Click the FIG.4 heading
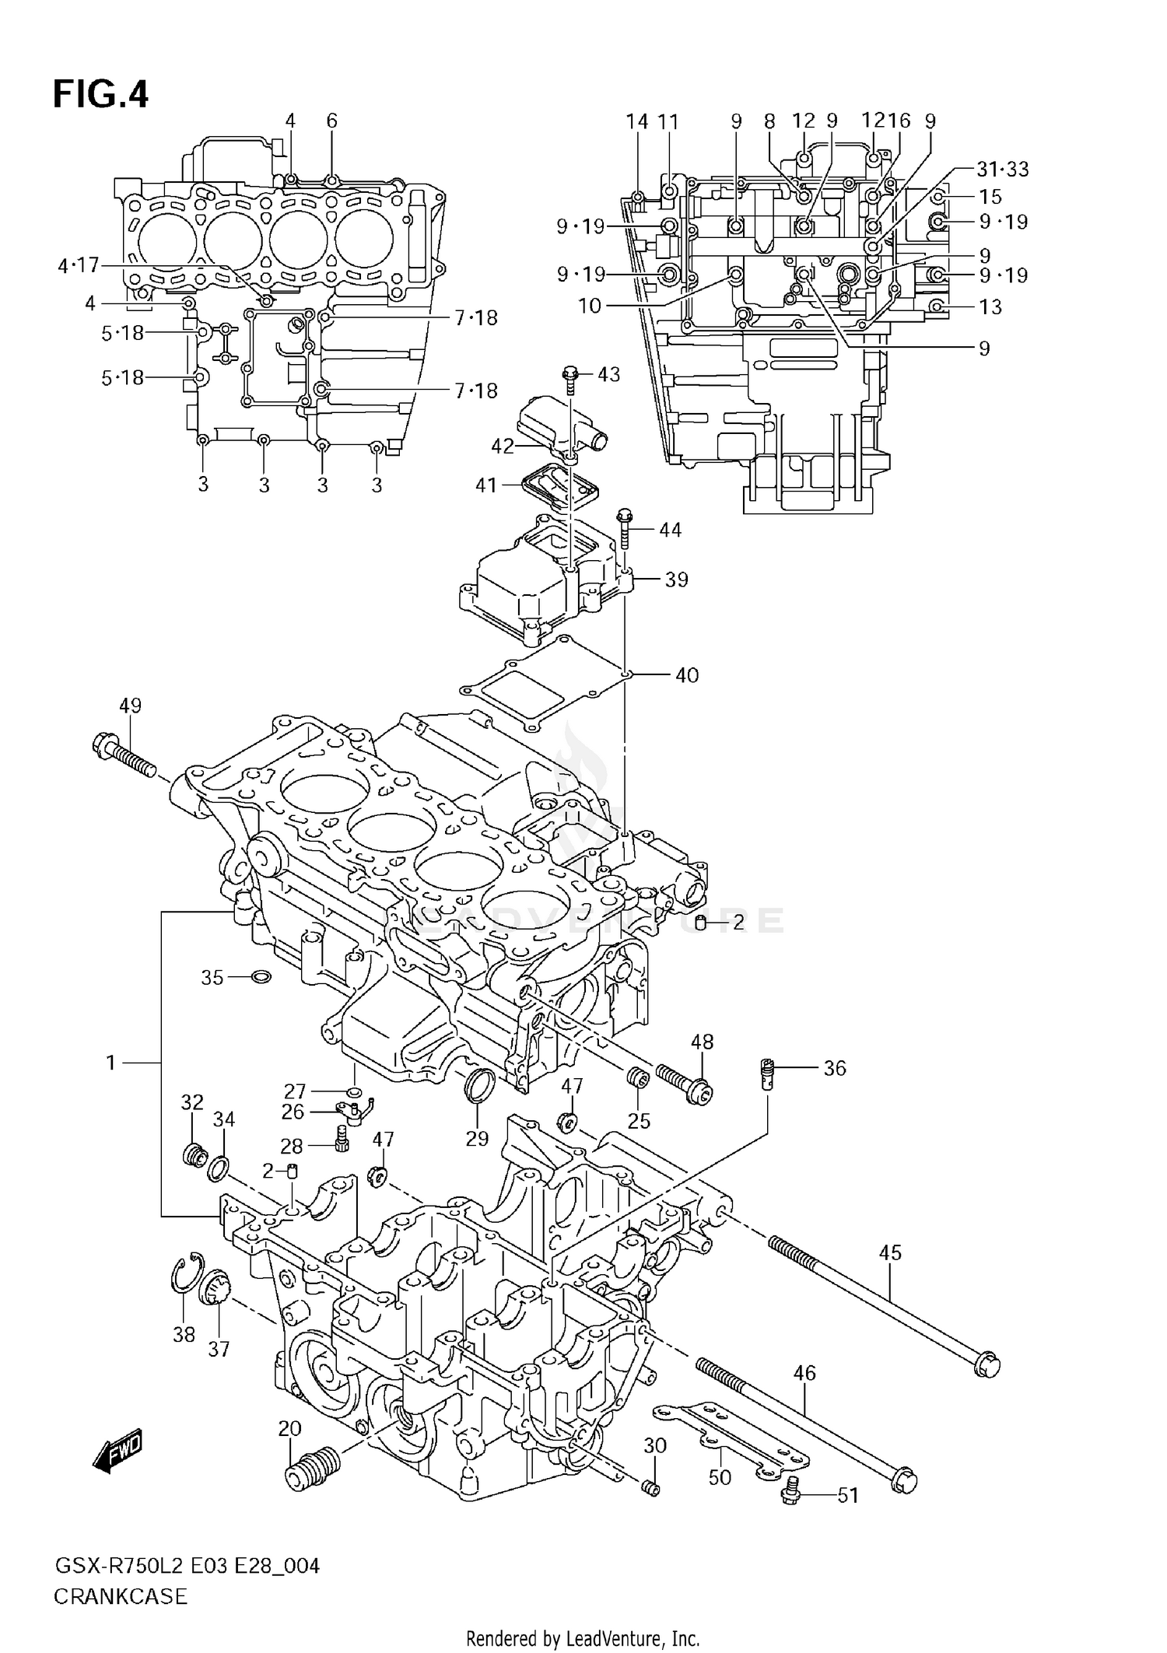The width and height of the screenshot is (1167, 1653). click(100, 94)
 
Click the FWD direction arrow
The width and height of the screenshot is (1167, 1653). click(117, 1452)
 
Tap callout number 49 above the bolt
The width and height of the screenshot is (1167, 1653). click(130, 706)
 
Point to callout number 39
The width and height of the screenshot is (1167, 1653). click(676, 580)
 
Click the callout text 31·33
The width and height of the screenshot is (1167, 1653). click(1003, 169)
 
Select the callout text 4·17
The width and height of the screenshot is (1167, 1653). click(79, 265)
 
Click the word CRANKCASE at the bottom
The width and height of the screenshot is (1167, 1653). click(121, 1596)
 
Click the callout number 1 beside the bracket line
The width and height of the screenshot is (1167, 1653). click(111, 1062)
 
